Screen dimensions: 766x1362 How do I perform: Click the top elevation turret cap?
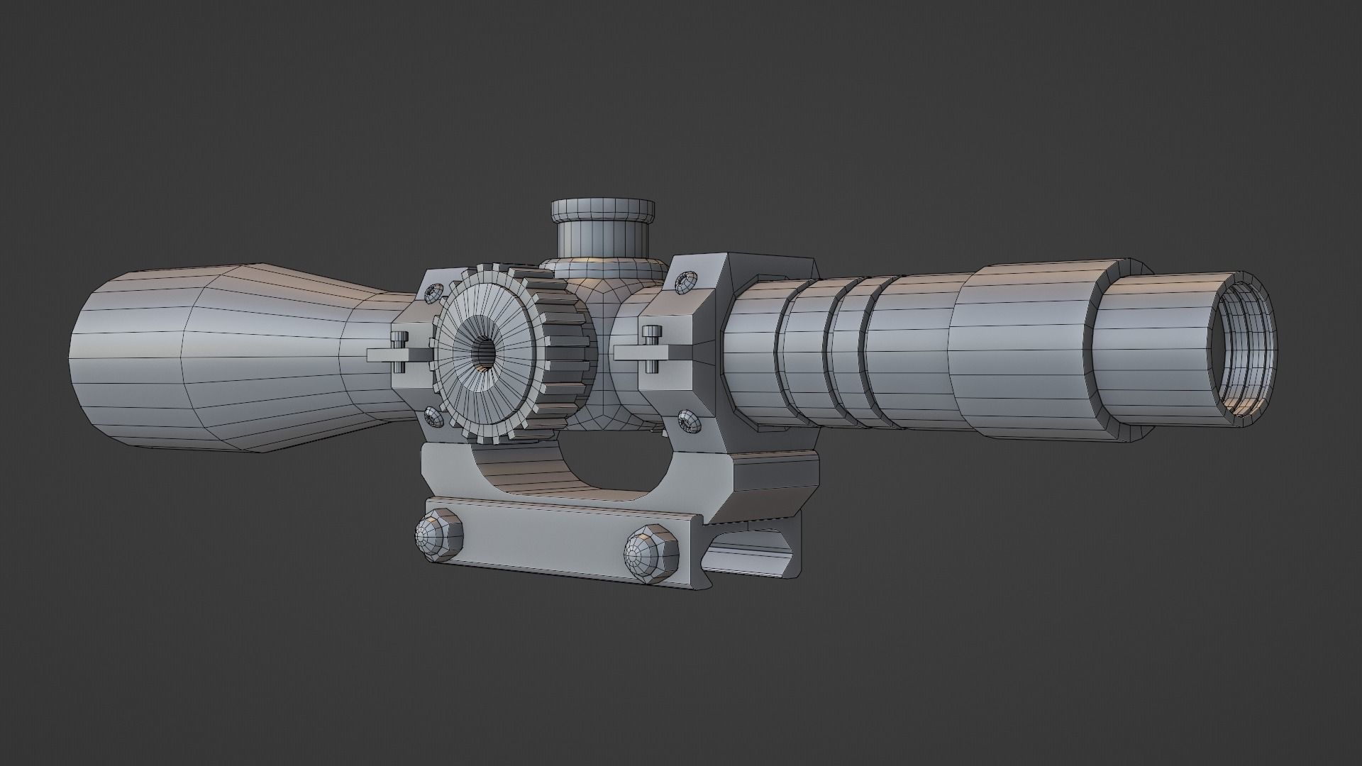point(602,210)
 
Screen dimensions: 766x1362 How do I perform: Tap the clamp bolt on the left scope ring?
point(400,353)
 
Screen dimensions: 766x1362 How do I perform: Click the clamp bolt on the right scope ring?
point(650,348)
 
